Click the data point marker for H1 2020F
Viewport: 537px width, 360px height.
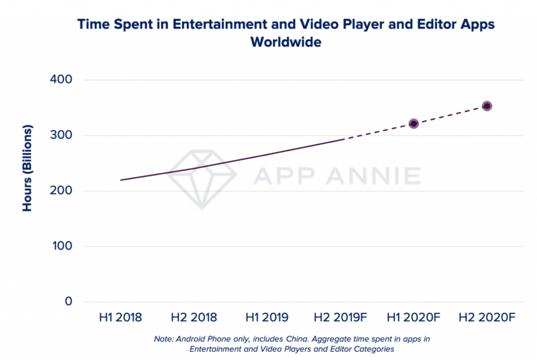pyautogui.click(x=413, y=124)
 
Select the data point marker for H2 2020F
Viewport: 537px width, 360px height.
pyautogui.click(x=487, y=106)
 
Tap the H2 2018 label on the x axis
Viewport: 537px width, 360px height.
pyautogui.click(x=193, y=317)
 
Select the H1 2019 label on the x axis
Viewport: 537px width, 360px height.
pyautogui.click(x=267, y=317)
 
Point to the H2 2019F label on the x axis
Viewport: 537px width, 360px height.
pyautogui.click(x=340, y=317)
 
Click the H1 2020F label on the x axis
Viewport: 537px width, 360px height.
pyautogui.click(x=413, y=317)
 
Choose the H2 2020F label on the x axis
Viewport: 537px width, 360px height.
pyautogui.click(x=487, y=317)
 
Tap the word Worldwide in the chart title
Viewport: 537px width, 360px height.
pyautogui.click(x=286, y=43)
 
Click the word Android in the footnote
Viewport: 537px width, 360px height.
pyautogui.click(x=192, y=339)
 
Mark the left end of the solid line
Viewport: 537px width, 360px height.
pyautogui.click(x=121, y=180)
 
